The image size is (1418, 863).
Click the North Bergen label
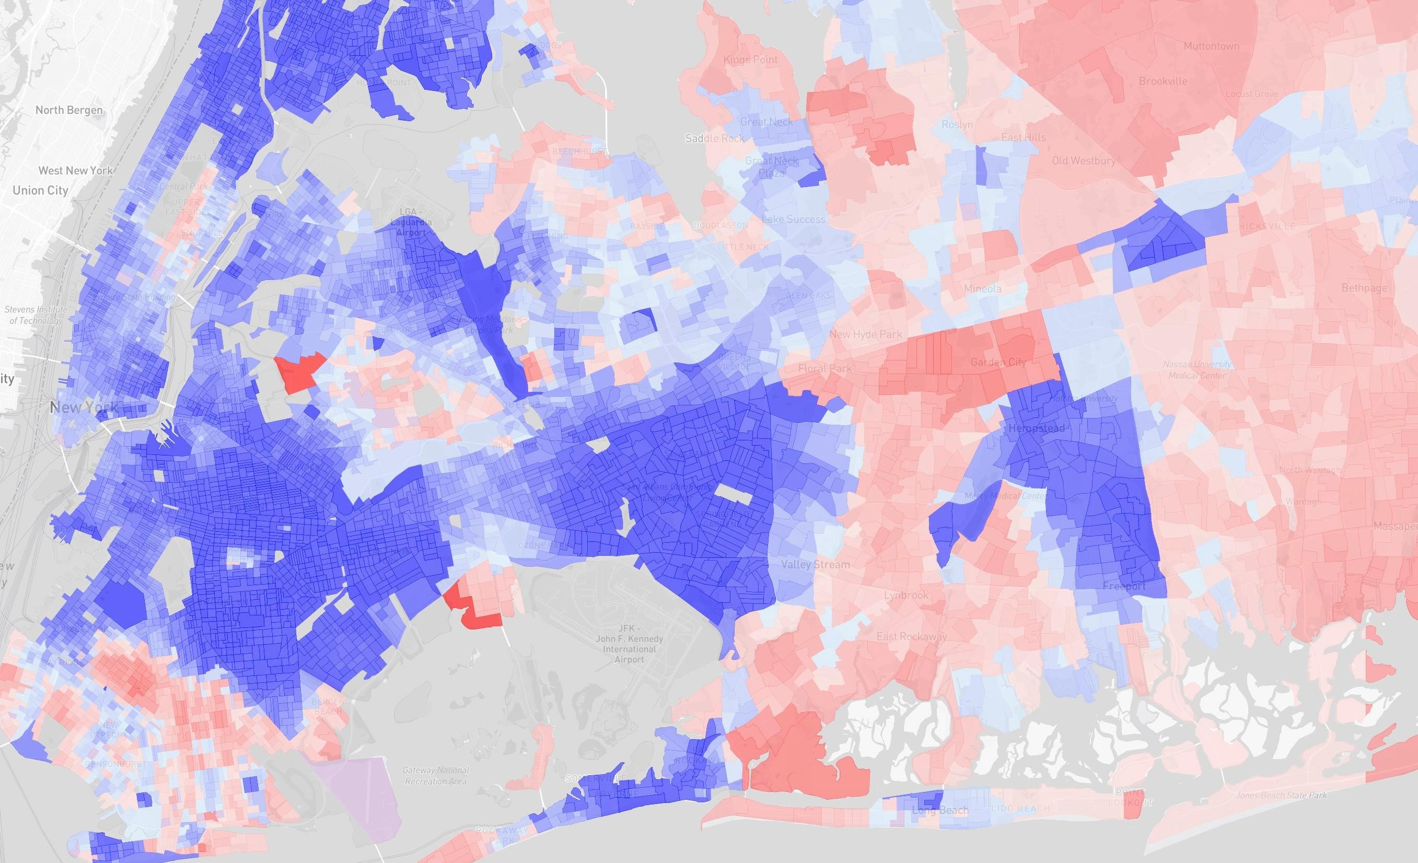(x=69, y=110)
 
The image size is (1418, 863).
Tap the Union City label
(x=40, y=191)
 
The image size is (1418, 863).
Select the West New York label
(x=75, y=170)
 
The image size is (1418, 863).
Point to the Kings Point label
(x=750, y=59)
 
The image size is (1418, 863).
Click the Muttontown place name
(x=1212, y=46)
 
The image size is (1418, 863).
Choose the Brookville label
(x=1163, y=81)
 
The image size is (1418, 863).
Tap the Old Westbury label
(x=1084, y=160)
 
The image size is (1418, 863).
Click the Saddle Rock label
(x=715, y=138)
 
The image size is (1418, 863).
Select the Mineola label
(x=982, y=288)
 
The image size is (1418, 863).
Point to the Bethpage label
(x=1364, y=287)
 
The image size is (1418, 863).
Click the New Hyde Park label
(x=866, y=334)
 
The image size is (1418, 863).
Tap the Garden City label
(x=998, y=362)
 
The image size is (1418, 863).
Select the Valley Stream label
(x=815, y=564)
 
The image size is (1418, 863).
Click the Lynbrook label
(x=906, y=595)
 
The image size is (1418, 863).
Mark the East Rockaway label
(x=912, y=636)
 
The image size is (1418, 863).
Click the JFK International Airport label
(x=629, y=644)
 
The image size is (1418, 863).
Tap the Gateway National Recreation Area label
(x=436, y=775)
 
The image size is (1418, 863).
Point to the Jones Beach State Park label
(x=1281, y=795)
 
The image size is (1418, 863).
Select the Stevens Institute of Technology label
(x=36, y=314)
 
